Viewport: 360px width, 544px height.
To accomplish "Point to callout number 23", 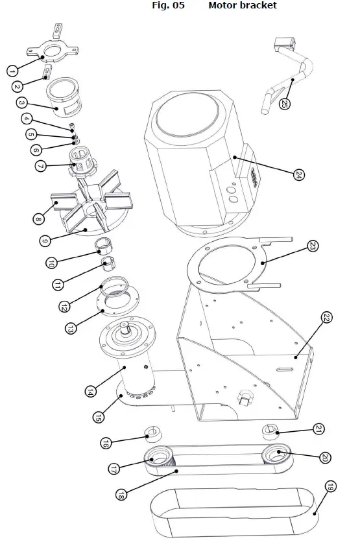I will tap(312, 246).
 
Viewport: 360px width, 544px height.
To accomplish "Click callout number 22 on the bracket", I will tap(327, 317).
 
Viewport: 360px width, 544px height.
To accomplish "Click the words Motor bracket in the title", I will tap(242, 6).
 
